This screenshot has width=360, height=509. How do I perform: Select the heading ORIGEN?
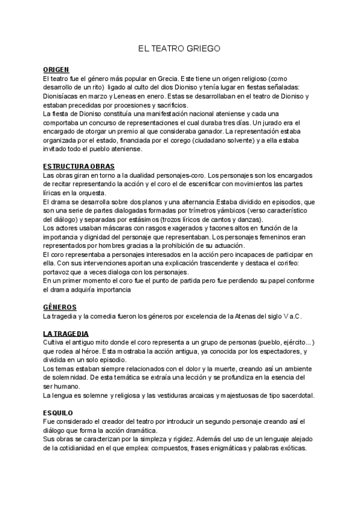point(56,70)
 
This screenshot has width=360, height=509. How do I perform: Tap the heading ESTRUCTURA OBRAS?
point(79,166)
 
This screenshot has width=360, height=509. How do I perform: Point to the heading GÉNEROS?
point(60,307)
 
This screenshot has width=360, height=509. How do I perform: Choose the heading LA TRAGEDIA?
point(66,333)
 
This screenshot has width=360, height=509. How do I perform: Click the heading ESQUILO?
point(58,413)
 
